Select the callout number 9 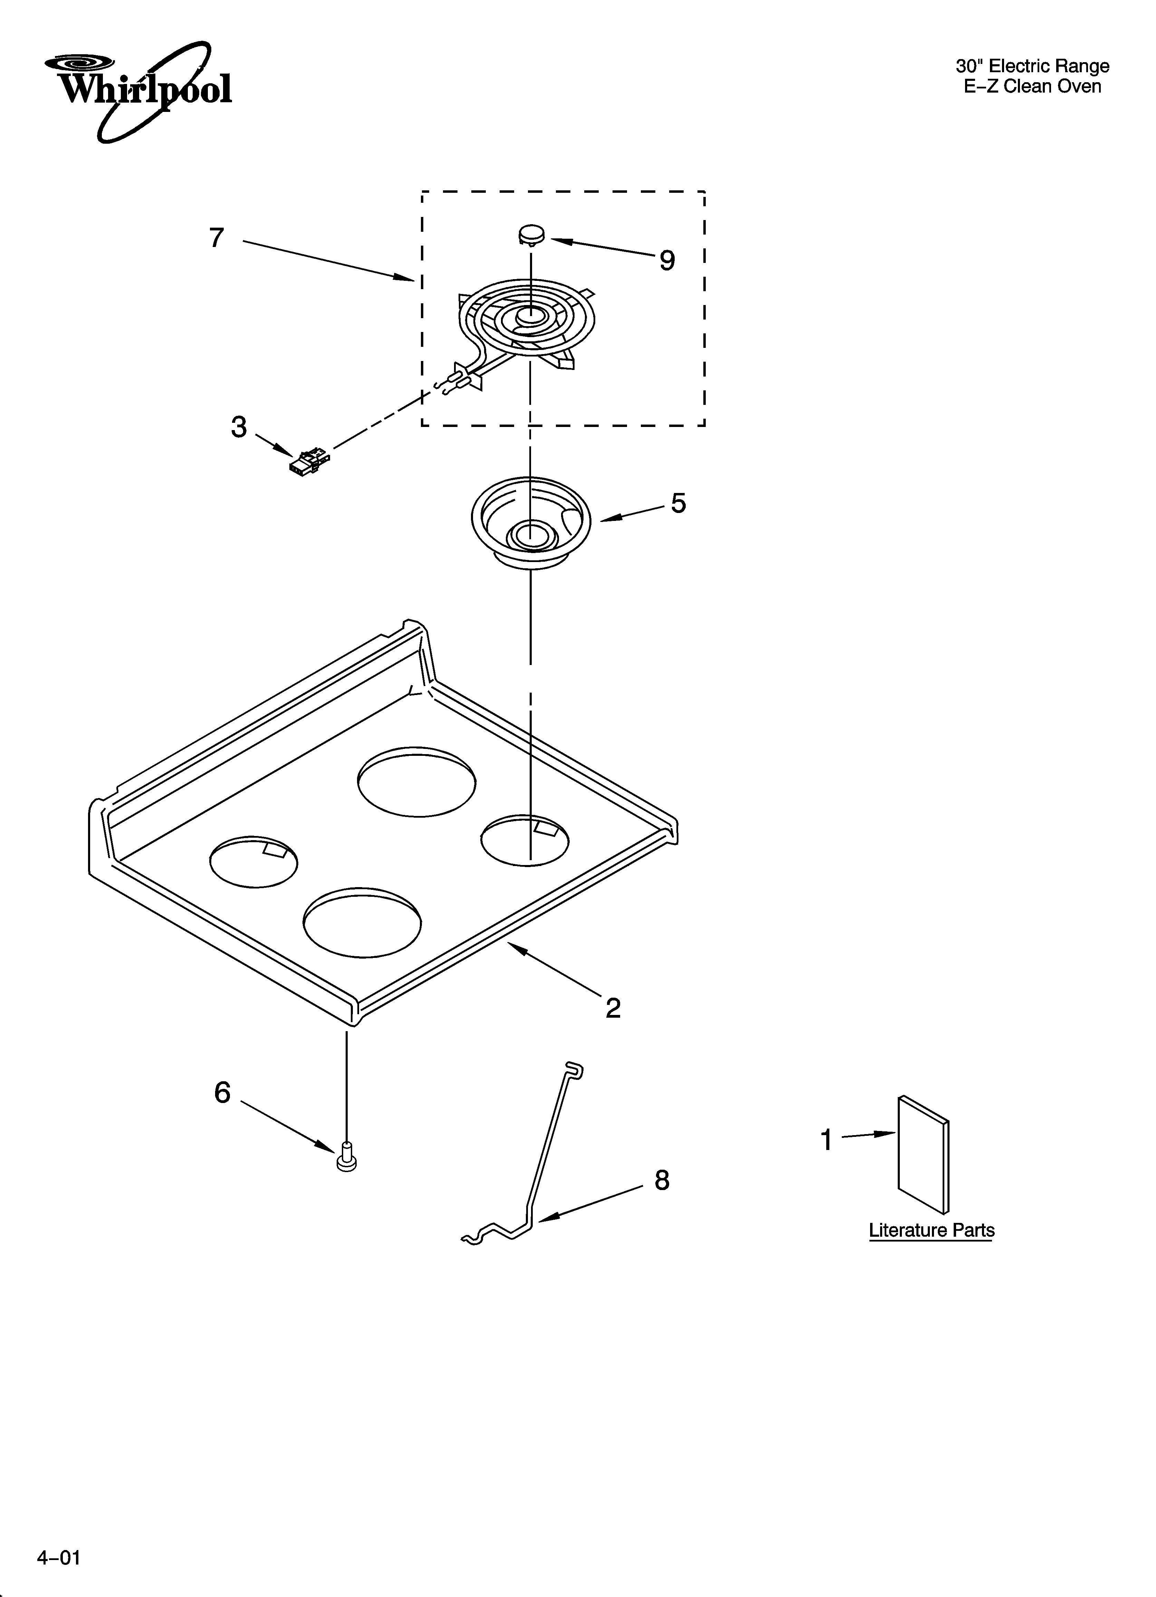click(x=667, y=261)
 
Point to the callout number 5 click(x=678, y=503)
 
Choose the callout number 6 click(x=222, y=1093)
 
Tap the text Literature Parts click(x=932, y=1230)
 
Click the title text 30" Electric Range click(x=1032, y=66)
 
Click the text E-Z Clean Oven click(x=1032, y=87)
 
